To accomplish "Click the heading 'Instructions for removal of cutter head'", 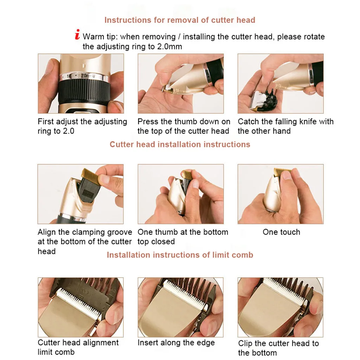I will pyautogui.click(x=180, y=20).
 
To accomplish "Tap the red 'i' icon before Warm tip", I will pyautogui.click(x=77, y=35).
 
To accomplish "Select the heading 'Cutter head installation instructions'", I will pyautogui.click(x=180, y=144).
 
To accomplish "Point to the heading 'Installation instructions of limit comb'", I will pyautogui.click(x=180, y=255).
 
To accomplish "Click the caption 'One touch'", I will pyautogui.click(x=281, y=232).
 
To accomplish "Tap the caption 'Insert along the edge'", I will pyautogui.click(x=176, y=343).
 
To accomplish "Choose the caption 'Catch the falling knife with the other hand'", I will pyautogui.click(x=285, y=127).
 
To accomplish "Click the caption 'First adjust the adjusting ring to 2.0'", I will pyautogui.click(x=82, y=127).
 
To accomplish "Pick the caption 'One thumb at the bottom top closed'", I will pyautogui.click(x=182, y=237).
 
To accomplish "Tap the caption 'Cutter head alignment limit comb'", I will pyautogui.click(x=78, y=347).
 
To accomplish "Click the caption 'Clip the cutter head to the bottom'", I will pyautogui.click(x=278, y=348).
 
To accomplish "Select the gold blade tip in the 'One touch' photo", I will pyautogui.click(x=282, y=171).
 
